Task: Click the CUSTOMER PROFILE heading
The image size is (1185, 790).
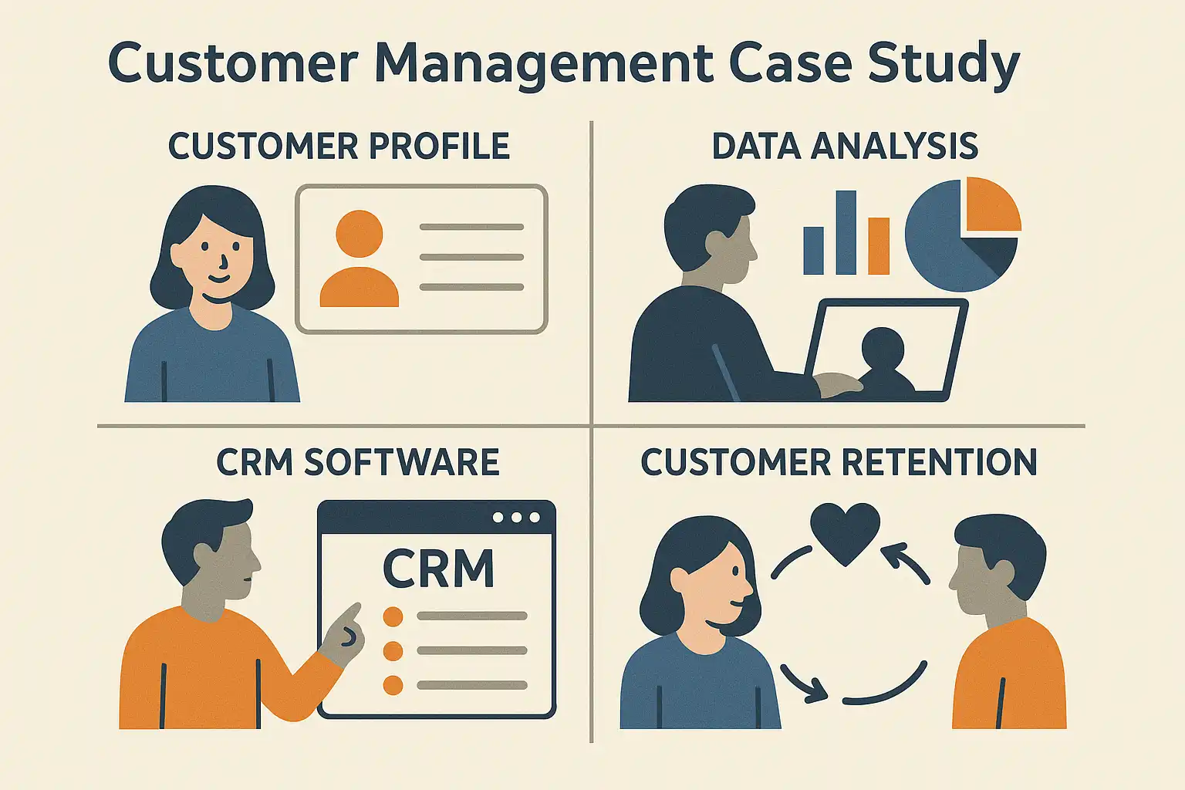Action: tap(339, 147)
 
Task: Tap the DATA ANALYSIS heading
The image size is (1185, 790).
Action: tap(845, 147)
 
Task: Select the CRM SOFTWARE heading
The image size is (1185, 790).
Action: tap(357, 462)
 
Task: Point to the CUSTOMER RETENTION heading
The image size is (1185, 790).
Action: tap(839, 462)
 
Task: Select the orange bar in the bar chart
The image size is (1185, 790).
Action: tap(879, 246)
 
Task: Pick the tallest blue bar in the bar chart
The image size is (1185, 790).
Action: tap(846, 232)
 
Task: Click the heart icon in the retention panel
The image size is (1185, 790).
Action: tap(845, 532)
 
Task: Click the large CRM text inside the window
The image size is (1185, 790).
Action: tap(438, 569)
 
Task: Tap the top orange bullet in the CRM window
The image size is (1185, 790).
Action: tap(393, 616)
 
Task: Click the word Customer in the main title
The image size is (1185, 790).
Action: tap(232, 63)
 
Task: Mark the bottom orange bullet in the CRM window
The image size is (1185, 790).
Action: tap(393, 684)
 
